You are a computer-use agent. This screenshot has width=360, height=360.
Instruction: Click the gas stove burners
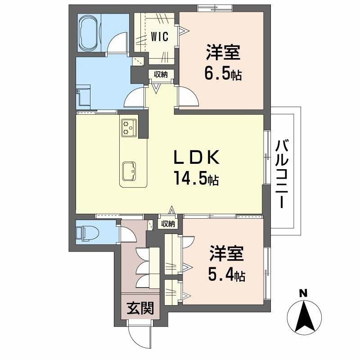[128, 126]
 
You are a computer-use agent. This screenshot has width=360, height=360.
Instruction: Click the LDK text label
[197, 158]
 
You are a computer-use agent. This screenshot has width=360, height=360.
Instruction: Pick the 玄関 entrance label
[140, 308]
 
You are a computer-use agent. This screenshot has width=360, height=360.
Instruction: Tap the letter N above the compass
[304, 294]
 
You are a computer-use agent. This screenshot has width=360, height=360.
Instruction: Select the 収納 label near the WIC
[161, 75]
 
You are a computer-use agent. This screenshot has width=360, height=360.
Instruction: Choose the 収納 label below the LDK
[168, 224]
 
